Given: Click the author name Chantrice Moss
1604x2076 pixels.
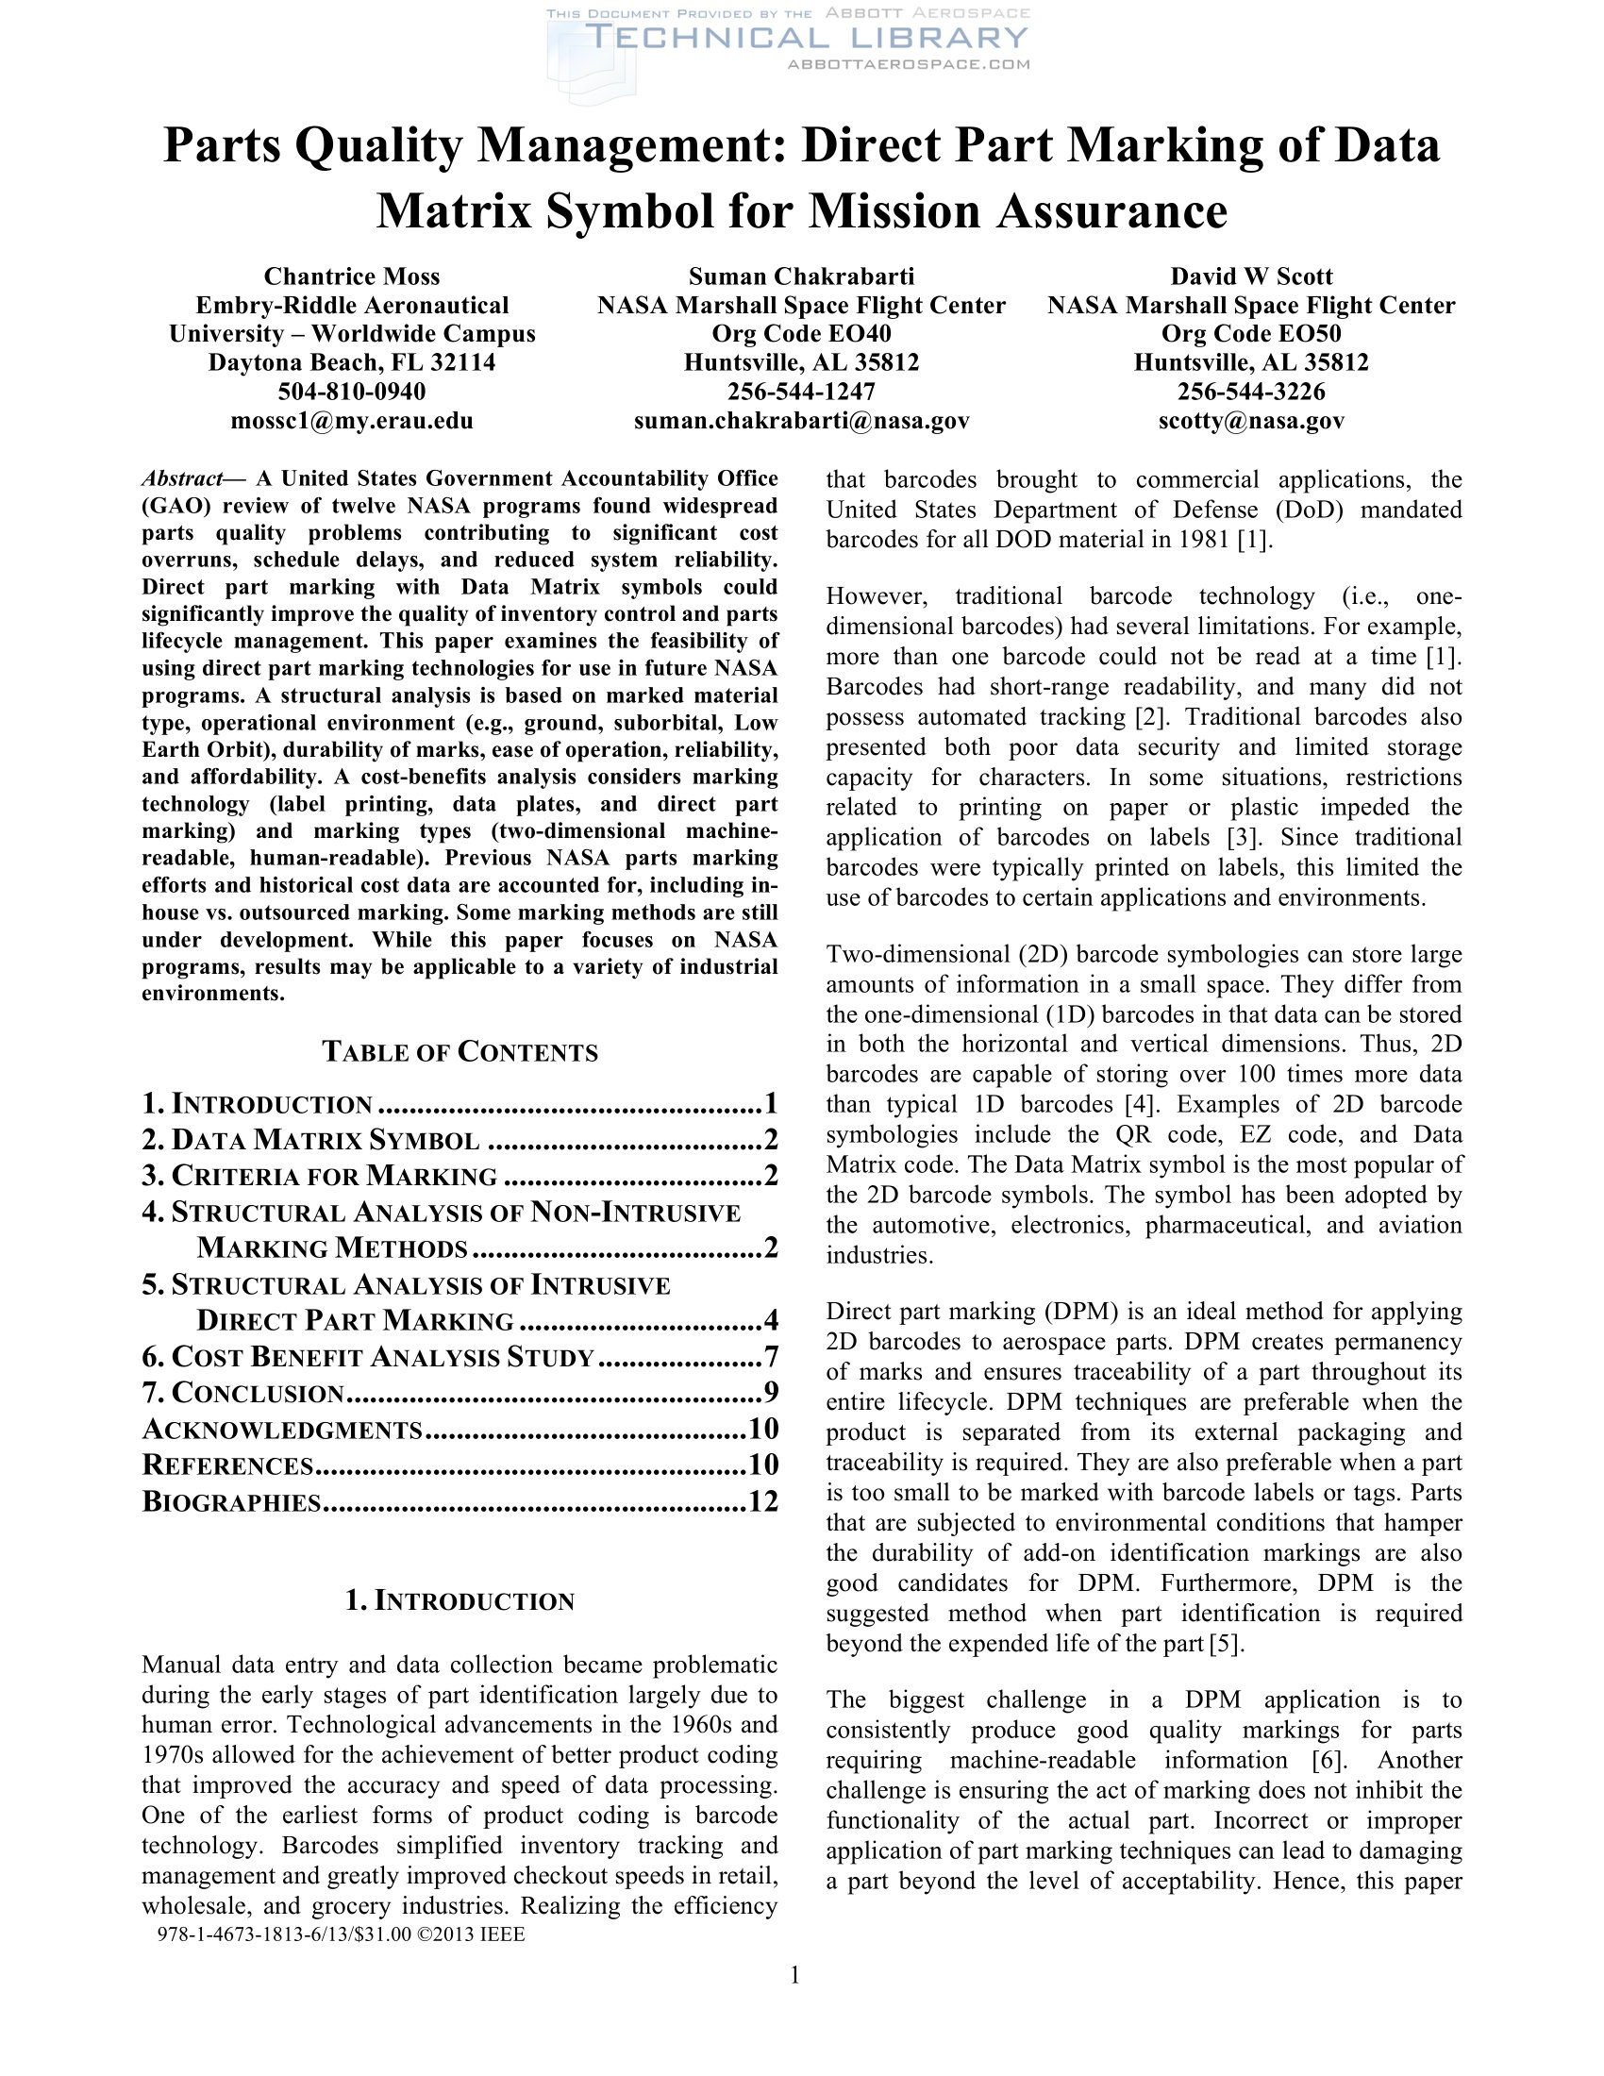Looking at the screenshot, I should [x=352, y=276].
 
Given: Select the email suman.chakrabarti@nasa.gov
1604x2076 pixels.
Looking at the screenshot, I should [x=801, y=420].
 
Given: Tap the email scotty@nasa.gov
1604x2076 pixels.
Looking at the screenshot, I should [x=1250, y=420].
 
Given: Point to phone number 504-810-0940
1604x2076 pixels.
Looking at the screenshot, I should [x=352, y=392].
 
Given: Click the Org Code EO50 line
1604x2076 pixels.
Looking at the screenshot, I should [x=1250, y=334].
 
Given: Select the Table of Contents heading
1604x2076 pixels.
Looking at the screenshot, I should [x=459, y=1052].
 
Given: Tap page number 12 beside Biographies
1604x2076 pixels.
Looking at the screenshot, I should [x=763, y=1502].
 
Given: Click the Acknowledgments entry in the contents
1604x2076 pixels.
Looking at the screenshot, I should [x=282, y=1430].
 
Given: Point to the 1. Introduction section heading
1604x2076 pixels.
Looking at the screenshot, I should [x=459, y=1601].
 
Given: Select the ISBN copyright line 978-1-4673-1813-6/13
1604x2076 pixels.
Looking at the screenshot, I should [x=341, y=1934].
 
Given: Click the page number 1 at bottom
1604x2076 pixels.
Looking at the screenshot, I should [x=795, y=1976].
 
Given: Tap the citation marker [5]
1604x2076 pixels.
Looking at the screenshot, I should [x=1225, y=1645].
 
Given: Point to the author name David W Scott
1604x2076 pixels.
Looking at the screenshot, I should [x=1250, y=276].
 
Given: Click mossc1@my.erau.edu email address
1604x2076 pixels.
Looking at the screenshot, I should [x=352, y=420].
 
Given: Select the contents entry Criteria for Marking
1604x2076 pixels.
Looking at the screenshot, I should [x=333, y=1176].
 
